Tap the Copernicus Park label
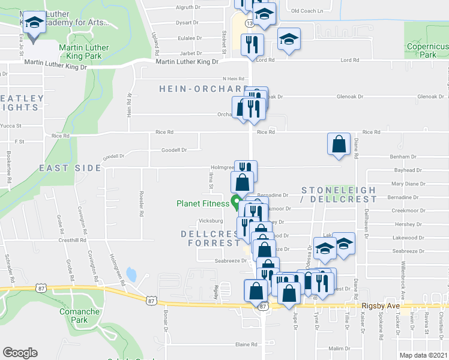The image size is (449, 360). click(x=427, y=50)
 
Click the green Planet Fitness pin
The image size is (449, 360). click(x=236, y=202)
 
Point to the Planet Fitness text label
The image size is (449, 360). click(x=203, y=203)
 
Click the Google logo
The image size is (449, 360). click(x=20, y=352)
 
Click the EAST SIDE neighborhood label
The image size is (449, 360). click(x=70, y=168)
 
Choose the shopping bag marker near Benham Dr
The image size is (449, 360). click(x=339, y=145)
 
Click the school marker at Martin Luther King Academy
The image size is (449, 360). click(x=35, y=25)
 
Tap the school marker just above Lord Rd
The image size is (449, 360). click(x=289, y=40)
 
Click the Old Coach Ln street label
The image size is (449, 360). click(x=307, y=11)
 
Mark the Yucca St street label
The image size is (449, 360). click(x=11, y=126)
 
